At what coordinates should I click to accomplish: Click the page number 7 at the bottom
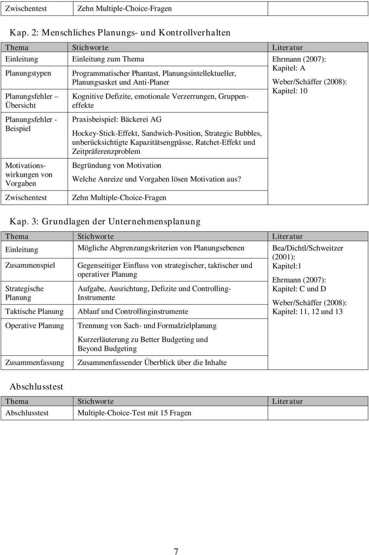pos(176,551)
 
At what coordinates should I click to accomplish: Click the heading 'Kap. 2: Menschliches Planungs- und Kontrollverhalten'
pos(120,32)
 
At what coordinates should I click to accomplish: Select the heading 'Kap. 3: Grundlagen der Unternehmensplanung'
pos(105,221)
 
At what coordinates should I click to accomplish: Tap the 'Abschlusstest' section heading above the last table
pos(36,386)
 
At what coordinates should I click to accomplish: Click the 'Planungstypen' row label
pos(28,73)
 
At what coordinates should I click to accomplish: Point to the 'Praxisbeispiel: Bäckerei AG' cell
pos(117,119)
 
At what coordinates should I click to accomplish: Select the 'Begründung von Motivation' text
pos(117,165)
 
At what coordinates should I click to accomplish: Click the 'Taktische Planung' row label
pos(34,311)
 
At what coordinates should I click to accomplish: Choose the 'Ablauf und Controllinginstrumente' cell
pos(133,311)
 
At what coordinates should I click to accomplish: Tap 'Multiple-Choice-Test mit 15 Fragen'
pos(135,413)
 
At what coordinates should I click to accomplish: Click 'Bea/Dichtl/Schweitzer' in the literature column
pos(307,248)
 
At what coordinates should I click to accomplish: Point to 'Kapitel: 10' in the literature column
pos(290,91)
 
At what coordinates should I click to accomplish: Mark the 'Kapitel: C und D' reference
pos(299,289)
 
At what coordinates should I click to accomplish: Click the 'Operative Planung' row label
pos(35,326)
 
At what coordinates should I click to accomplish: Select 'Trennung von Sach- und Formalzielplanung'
pos(147,326)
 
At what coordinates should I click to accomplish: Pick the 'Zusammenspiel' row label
pos(30,265)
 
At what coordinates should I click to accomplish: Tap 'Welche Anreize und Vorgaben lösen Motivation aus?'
pos(157,179)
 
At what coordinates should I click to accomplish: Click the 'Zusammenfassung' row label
pos(35,363)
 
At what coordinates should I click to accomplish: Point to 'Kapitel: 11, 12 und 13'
pos(307,312)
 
